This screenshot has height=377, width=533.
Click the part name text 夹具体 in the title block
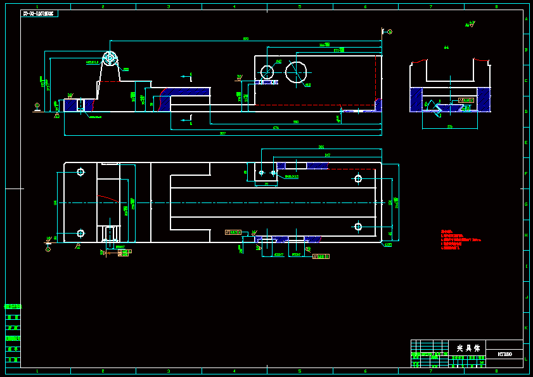point(468,348)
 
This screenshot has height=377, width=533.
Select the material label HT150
point(504,354)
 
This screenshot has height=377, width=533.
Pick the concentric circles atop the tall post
point(110,58)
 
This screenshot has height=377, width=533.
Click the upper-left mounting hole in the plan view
point(80,172)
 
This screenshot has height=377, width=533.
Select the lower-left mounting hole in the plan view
point(80,233)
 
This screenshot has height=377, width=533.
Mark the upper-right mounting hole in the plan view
point(358,178)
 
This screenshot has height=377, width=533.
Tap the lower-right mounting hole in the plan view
point(358,227)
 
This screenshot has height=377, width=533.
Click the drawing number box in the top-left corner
point(39,13)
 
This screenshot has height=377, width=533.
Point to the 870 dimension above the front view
point(245,39)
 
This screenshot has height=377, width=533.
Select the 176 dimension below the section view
point(450,127)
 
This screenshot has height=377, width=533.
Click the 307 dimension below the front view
point(222,133)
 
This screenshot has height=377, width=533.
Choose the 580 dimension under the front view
point(295,121)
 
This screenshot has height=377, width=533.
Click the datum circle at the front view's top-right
point(390,31)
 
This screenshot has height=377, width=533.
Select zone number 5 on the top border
point(299,7)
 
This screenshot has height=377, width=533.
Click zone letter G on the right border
point(525,204)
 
